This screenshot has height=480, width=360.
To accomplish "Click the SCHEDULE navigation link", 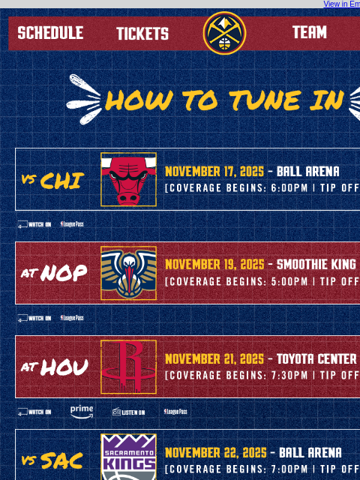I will tap(50, 33).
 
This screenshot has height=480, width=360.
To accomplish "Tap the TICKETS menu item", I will tap(142, 34).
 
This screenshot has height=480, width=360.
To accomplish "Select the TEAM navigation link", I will tap(309, 32).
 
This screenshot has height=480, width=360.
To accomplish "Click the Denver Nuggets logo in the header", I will tap(224, 33).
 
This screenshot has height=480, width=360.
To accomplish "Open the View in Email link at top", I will tap(341, 4).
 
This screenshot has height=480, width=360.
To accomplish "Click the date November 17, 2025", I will tap(214, 172).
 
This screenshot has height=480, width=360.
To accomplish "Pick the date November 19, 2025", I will tap(214, 265).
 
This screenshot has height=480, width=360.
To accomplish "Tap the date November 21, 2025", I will tap(214, 359).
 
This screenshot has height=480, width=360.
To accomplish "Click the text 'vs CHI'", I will tap(52, 181).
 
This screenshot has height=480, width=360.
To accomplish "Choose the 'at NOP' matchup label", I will tap(54, 273).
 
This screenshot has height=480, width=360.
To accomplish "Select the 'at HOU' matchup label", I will tap(54, 367).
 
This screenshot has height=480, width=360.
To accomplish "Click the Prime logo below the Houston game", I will tap(82, 411).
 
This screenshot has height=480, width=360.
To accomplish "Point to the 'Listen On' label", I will tap(128, 412).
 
